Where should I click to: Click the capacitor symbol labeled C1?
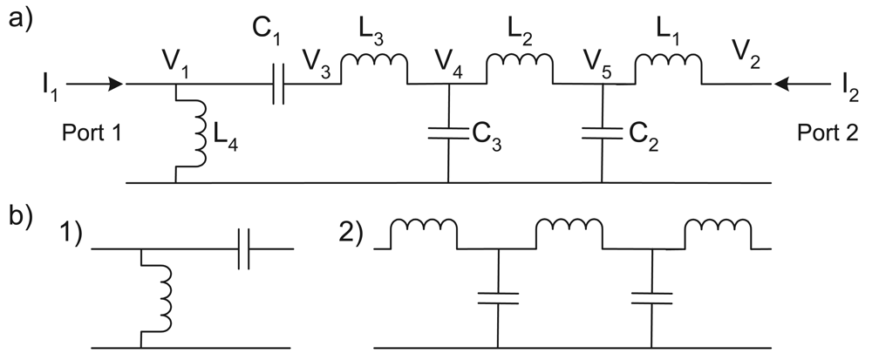click(278, 85)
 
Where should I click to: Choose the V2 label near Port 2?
click(746, 61)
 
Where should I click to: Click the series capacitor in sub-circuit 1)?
click(244, 249)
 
